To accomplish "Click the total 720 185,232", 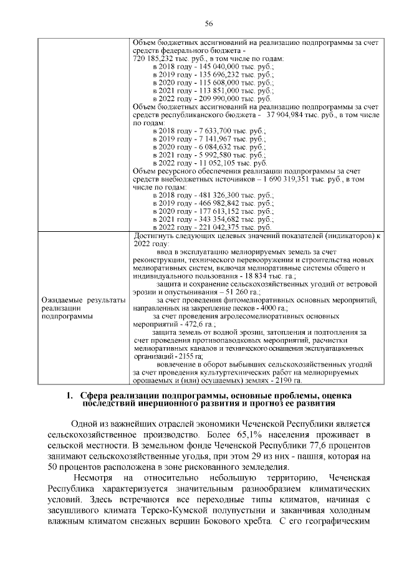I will (154, 57).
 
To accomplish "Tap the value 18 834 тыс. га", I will (270, 275).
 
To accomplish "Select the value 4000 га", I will (270, 308).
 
